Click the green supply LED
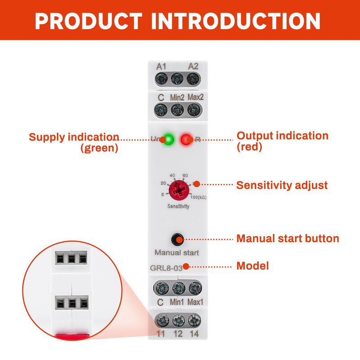click(169, 139)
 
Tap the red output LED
click(186, 139)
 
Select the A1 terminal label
click(161, 67)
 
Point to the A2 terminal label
click(193, 66)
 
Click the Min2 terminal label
click(177, 98)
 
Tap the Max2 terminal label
click(196, 97)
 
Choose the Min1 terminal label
click(177, 302)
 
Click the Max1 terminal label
click(195, 302)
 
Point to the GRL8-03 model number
click(166, 268)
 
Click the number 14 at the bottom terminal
click(194, 334)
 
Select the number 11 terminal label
click(161, 334)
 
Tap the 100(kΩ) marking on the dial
click(198, 197)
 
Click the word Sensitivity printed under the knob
click(178, 206)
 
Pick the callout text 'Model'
click(252, 266)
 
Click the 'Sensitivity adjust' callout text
click(282, 185)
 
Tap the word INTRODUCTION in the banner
click(235, 21)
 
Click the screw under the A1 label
click(162, 79)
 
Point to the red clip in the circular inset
click(72, 337)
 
